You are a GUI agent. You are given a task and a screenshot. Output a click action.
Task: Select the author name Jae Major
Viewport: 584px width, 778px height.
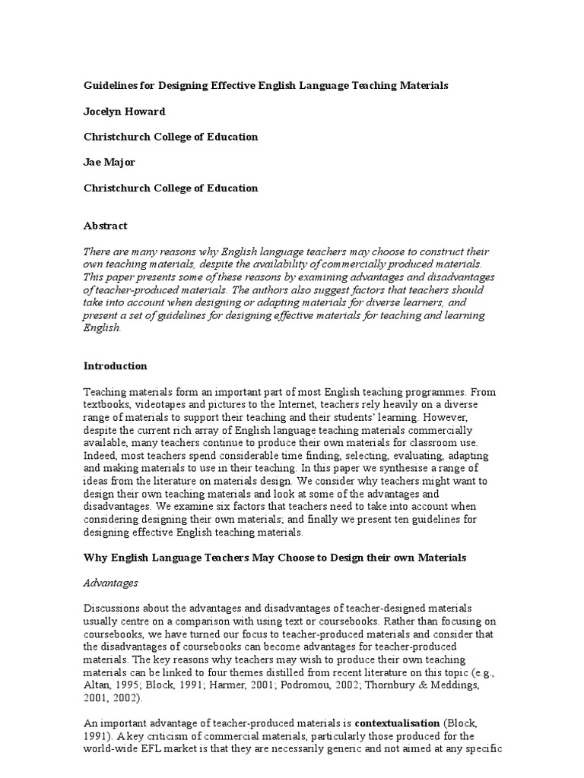coord(110,163)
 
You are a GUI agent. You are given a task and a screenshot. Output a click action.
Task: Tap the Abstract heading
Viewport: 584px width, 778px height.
coord(105,226)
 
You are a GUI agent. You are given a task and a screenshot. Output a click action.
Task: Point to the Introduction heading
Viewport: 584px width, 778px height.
coord(115,365)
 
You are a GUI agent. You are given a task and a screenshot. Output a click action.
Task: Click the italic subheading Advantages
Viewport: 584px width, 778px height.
coord(110,583)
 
